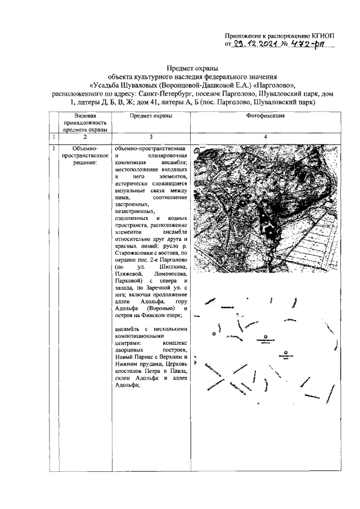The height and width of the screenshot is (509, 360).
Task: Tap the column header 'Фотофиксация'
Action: click(265, 115)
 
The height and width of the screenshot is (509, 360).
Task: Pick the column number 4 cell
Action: click(265, 137)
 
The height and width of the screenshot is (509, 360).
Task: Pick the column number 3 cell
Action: click(151, 137)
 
